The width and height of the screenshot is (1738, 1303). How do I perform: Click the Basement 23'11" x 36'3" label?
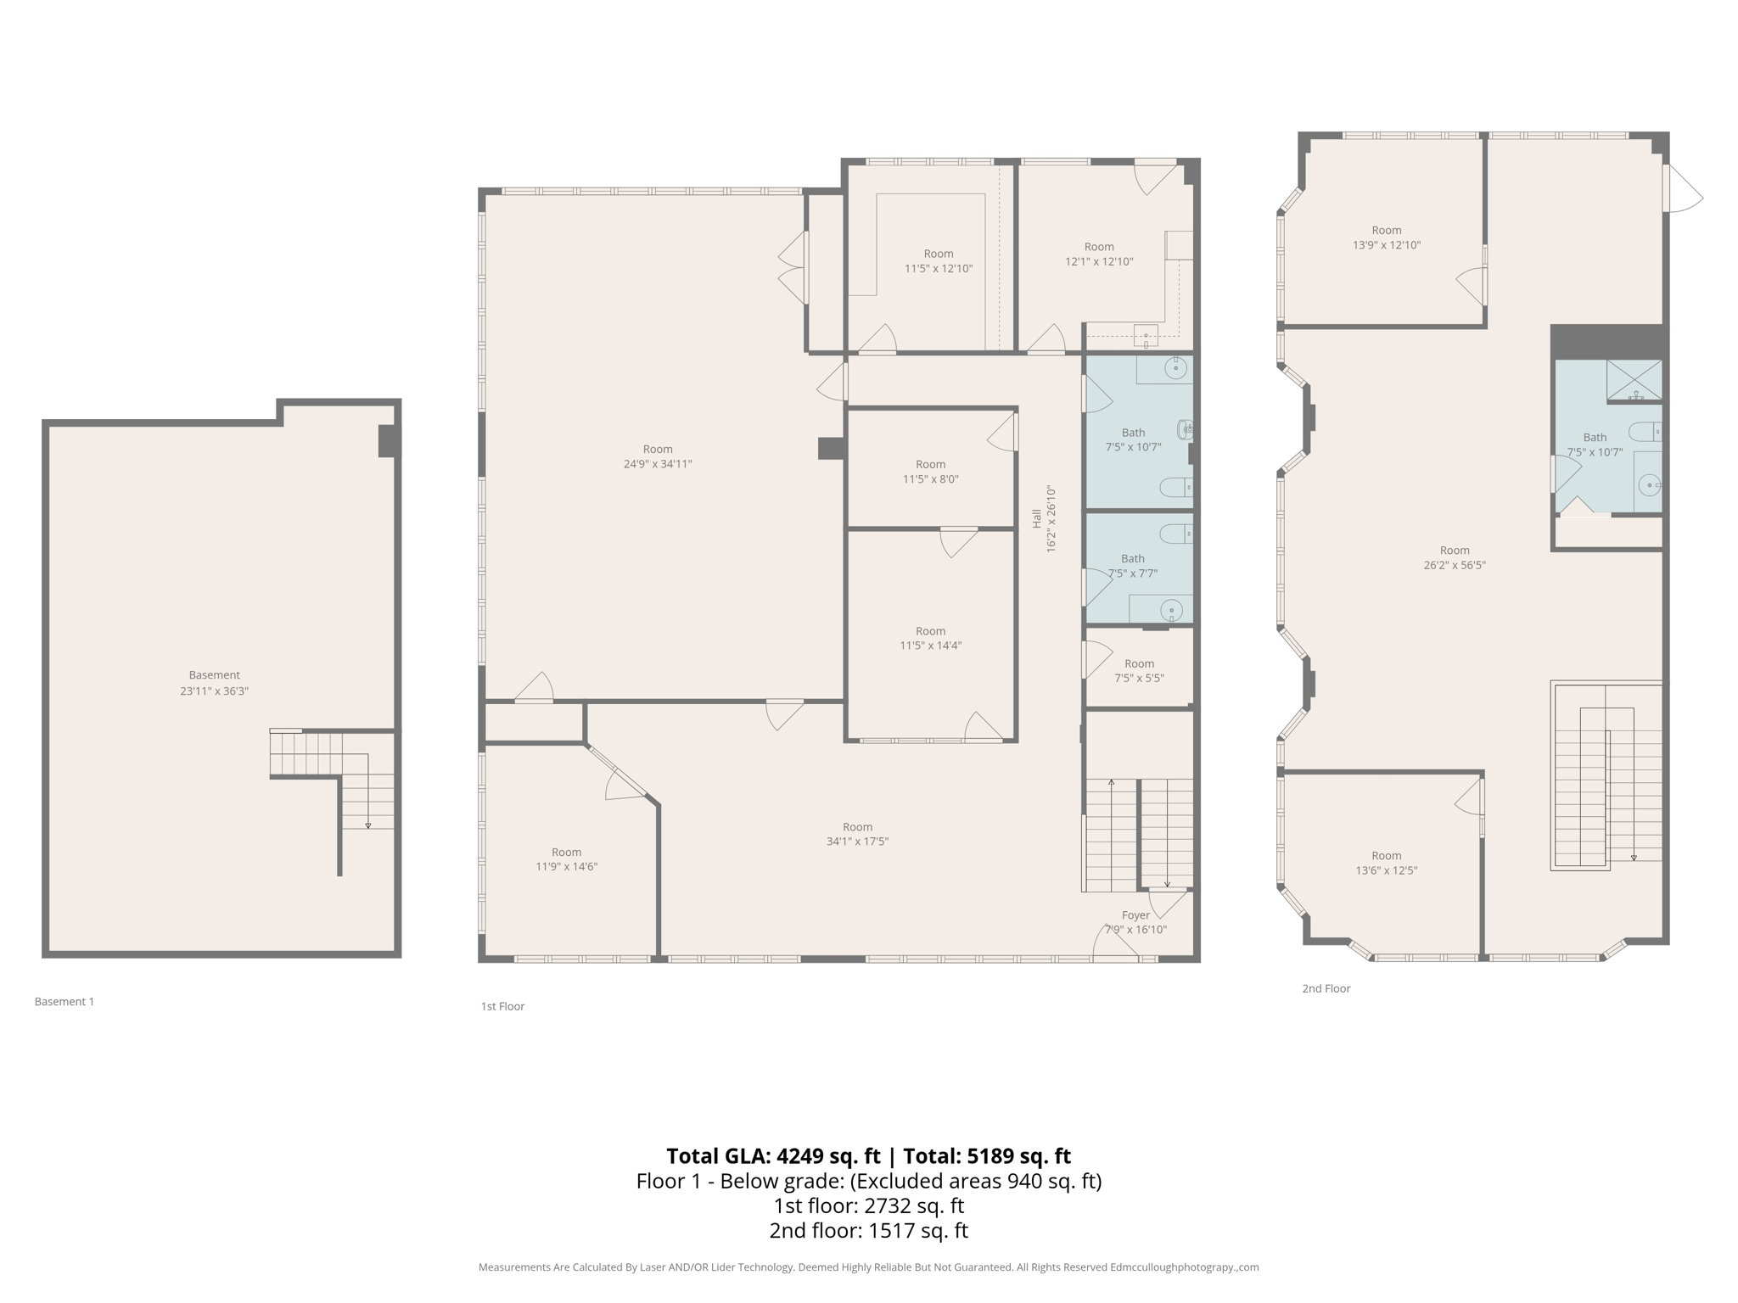tap(214, 683)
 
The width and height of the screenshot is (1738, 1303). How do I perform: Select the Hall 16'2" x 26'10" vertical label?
tap(1044, 519)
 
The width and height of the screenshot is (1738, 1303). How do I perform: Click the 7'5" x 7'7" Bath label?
tap(1133, 566)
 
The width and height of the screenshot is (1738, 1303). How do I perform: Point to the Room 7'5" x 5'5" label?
tap(1139, 671)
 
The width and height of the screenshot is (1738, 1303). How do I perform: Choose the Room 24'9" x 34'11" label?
tap(658, 456)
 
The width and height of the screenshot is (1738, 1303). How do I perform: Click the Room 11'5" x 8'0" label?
tap(930, 472)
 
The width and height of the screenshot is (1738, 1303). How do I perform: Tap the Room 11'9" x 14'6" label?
tap(566, 859)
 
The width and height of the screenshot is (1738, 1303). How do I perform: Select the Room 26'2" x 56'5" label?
tap(1455, 557)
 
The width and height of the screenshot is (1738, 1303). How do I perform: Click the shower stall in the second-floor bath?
tap(1634, 380)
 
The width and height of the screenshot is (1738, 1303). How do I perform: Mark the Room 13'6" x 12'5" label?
tap(1387, 863)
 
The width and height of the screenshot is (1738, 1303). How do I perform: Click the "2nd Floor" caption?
tap(1326, 988)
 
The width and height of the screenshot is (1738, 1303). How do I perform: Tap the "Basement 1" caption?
tap(64, 1002)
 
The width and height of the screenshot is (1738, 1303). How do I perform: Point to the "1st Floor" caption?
tap(502, 1006)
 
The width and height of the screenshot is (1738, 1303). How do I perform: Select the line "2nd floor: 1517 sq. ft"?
tap(868, 1230)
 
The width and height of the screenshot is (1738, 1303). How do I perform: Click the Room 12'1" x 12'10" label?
tap(1099, 254)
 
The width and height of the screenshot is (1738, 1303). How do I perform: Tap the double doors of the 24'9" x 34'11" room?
tap(794, 268)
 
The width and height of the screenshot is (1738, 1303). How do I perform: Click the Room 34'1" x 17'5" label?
tap(857, 834)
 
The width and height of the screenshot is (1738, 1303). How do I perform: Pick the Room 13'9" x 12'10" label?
tap(1387, 238)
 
